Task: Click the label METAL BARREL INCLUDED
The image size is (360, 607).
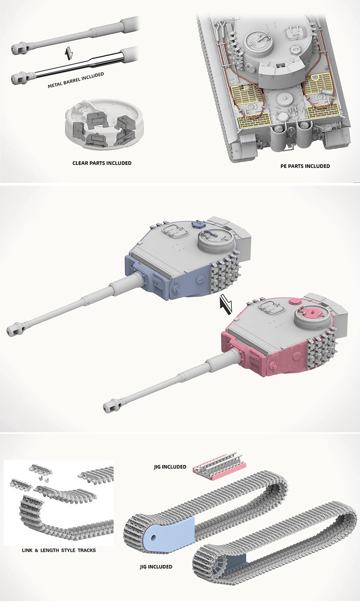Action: pos(76,80)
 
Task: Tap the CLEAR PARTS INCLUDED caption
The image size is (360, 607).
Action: pos(102,163)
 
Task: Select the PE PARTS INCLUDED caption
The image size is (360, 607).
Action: pos(305,166)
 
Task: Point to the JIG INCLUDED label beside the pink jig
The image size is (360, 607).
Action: pos(170,466)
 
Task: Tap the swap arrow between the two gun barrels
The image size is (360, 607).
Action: pos(69,53)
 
